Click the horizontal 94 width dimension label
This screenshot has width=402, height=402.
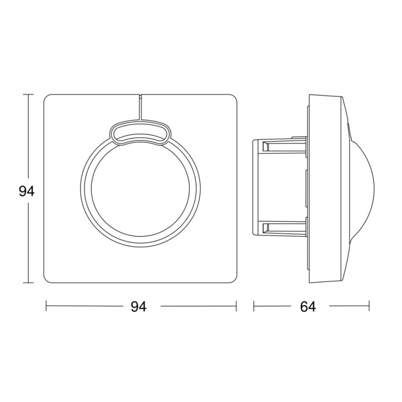click(x=138, y=307)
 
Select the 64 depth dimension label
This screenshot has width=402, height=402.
click(x=308, y=307)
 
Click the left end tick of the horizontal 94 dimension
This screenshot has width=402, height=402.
click(x=46, y=307)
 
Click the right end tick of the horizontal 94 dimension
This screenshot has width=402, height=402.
click(x=236, y=307)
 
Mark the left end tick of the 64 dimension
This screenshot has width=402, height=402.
click(x=254, y=307)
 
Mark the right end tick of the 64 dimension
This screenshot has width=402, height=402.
click(x=369, y=307)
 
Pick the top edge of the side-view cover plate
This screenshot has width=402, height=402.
click(x=324, y=95)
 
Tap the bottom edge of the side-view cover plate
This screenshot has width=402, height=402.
click(x=324, y=282)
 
